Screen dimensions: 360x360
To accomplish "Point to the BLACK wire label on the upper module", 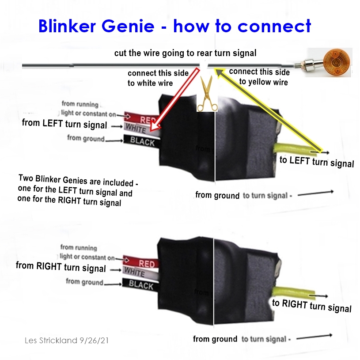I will click(x=143, y=141).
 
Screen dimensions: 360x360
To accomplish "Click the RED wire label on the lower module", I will click(x=147, y=263).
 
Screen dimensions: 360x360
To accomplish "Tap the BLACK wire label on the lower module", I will click(x=141, y=285).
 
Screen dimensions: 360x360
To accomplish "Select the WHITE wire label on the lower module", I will click(x=134, y=271).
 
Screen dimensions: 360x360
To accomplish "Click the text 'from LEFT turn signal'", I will click(x=64, y=124).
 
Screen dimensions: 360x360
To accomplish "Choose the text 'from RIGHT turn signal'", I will click(x=61, y=267).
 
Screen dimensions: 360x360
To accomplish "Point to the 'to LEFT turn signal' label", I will click(x=317, y=162).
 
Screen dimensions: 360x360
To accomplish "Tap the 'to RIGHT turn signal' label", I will click(x=312, y=305).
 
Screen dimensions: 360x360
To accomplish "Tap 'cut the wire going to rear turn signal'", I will click(x=185, y=53).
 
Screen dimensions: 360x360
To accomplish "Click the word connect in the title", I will click(x=274, y=27).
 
